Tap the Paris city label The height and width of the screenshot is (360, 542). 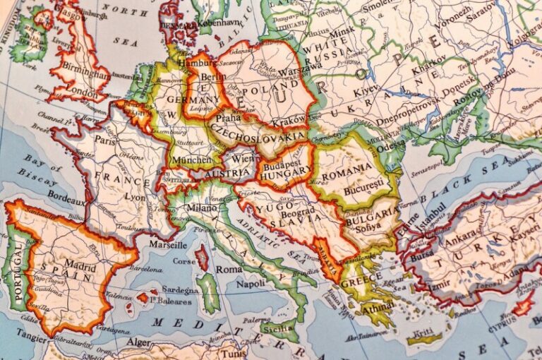click(105, 140)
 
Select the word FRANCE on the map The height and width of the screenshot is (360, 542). click(126, 176)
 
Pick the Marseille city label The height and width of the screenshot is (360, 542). click(168, 244)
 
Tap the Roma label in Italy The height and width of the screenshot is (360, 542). click(229, 269)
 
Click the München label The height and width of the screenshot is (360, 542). click(191, 160)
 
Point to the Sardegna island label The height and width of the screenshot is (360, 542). click(180, 289)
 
